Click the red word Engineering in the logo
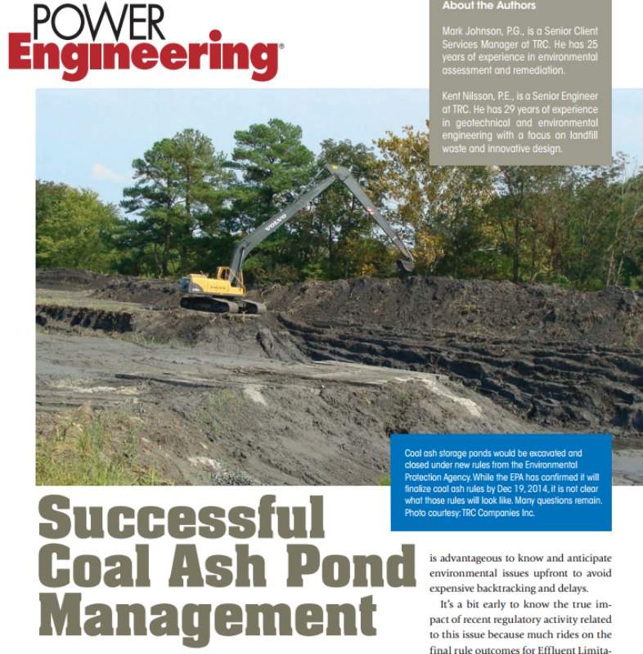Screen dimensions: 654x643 (x=143, y=56)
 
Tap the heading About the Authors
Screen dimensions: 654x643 (x=489, y=6)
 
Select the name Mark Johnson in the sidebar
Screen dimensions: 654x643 (x=468, y=31)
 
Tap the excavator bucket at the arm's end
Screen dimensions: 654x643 (x=404, y=265)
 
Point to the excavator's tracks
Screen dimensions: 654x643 (x=221, y=304)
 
